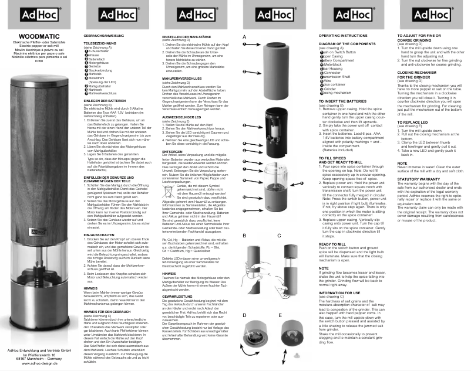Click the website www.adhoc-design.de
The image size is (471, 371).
pyautogui.click(x=39, y=364)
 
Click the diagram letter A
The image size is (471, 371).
pyautogui.click(x=244, y=36)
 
